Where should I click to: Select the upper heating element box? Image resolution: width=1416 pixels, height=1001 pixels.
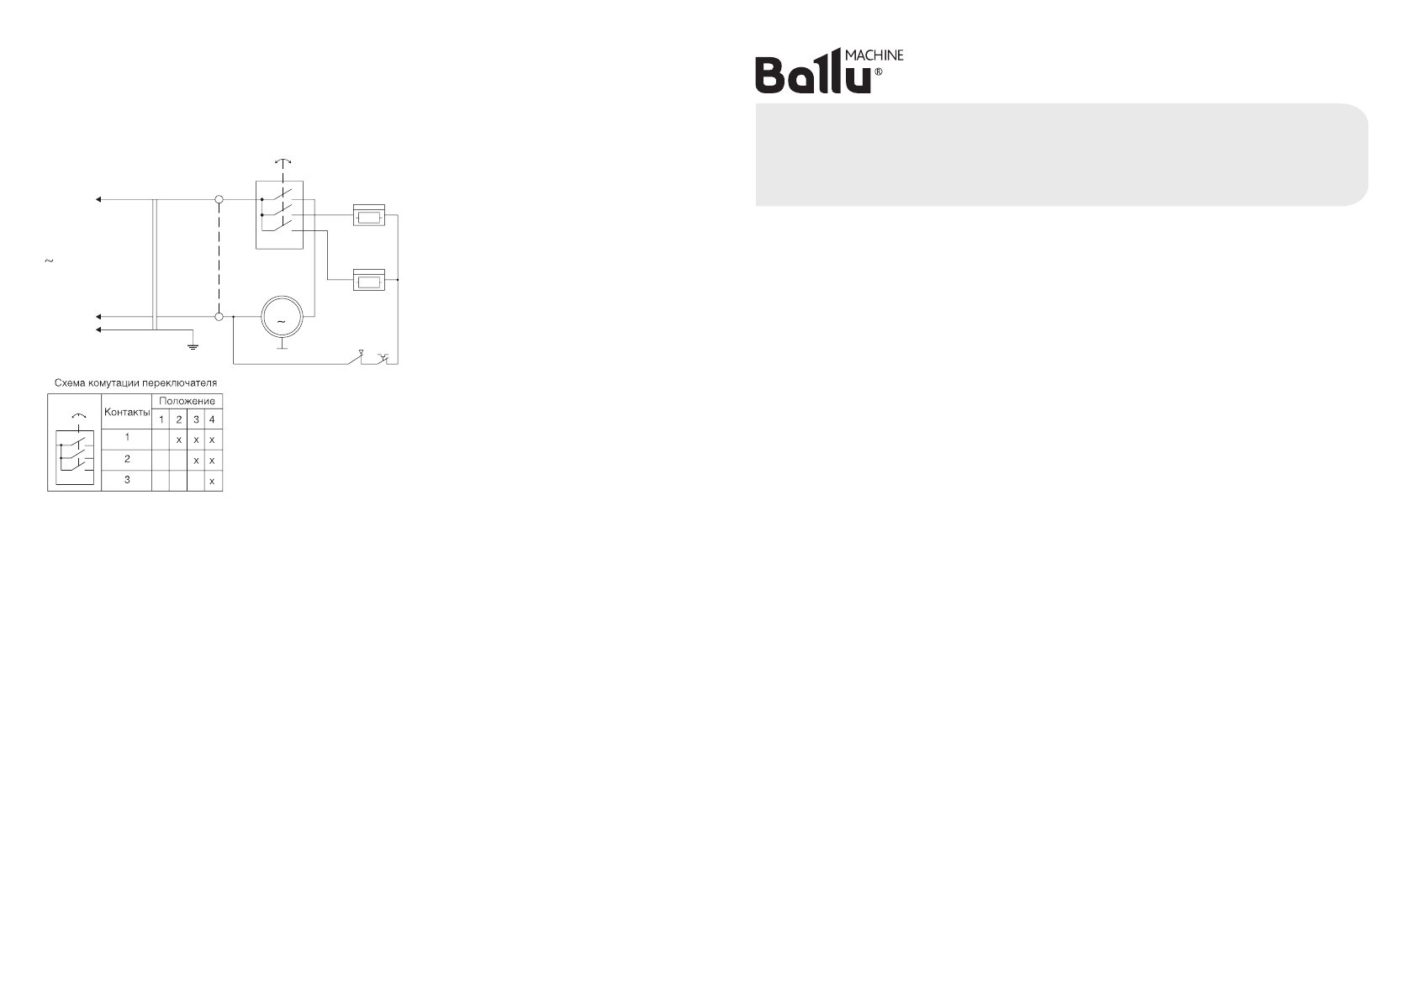[x=368, y=216]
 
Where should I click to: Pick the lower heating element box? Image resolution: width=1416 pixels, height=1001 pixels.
[x=368, y=280]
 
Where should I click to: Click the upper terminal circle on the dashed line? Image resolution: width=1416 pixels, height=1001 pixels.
[x=219, y=200]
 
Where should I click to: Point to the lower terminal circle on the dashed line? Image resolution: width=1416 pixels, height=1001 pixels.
[x=219, y=317]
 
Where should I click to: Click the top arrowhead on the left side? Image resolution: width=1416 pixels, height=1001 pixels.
[x=98, y=200]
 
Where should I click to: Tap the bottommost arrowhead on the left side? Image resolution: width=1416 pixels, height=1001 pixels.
[x=98, y=330]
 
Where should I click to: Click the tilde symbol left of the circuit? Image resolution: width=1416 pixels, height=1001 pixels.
[x=48, y=261]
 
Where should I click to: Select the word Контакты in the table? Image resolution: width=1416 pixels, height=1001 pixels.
[x=127, y=414]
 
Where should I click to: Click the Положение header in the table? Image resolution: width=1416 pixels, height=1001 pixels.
[x=187, y=401]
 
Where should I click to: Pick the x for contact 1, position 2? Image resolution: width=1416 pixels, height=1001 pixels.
[x=178, y=440]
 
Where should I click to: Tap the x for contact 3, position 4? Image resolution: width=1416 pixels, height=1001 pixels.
[x=212, y=481]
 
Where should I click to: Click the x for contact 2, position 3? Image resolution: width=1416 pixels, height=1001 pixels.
[x=195, y=461]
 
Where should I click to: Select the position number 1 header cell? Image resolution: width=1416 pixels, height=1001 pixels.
[x=161, y=419]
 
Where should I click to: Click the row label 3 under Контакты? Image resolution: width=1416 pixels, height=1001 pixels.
[x=127, y=480]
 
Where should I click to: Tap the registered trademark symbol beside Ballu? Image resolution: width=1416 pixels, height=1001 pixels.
[x=879, y=73]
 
